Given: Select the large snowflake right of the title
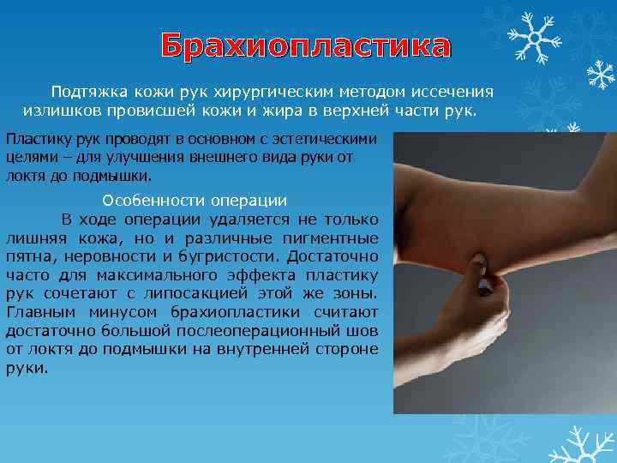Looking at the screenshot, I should click(533, 39).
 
